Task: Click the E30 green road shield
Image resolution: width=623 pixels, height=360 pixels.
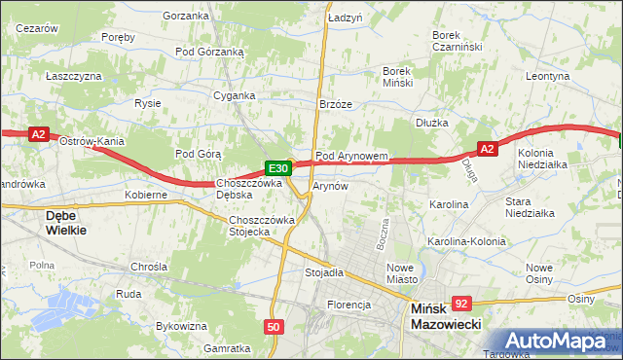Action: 276,167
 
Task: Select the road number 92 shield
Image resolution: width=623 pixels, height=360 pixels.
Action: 461,304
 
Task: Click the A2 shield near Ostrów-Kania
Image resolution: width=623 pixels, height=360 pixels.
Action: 38,135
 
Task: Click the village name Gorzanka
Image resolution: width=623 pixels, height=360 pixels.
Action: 187,16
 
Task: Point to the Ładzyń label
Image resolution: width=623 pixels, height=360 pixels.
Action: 345,18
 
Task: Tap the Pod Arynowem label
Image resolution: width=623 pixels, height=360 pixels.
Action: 352,156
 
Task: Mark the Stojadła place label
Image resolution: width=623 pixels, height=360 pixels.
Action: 325,273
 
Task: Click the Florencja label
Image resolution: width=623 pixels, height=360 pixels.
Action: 349,305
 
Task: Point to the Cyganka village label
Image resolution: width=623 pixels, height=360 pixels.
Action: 235,95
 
